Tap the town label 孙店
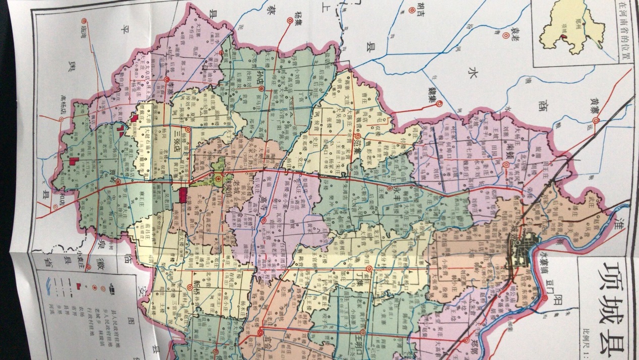coord(261,78)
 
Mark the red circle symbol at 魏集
coord(439,104)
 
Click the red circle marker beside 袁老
coord(505,35)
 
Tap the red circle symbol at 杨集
coord(290,21)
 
